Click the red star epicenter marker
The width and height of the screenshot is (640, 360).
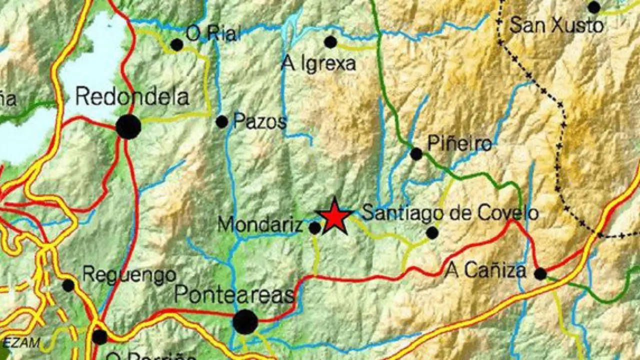coord(334,216)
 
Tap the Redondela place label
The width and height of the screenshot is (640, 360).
coord(132,97)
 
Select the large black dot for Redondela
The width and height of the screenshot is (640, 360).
coord(128,126)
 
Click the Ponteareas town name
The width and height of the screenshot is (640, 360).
coord(234,295)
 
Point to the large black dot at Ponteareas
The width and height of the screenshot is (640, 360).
coord(245,321)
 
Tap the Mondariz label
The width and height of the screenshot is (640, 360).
coord(260,225)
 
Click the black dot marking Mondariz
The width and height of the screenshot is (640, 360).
coord(314,228)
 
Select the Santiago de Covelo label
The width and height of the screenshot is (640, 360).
coord(449,213)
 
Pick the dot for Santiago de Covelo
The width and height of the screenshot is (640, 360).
coord(432,232)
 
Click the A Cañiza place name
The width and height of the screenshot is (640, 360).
coord(485,271)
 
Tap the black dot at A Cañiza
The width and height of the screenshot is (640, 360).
coord(540,273)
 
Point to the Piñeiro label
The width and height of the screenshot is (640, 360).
coord(459,144)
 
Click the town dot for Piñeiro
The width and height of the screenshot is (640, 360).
coord(416,154)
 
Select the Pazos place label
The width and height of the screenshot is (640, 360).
coord(259,121)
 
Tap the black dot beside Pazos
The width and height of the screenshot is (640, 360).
coord(221,121)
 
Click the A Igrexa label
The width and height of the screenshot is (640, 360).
coord(318,63)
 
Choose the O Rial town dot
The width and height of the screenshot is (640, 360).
coord(176,45)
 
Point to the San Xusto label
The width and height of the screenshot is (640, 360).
coord(556,25)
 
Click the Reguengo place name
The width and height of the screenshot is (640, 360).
coord(129,274)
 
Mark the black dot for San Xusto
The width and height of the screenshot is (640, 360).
coord(594,7)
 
